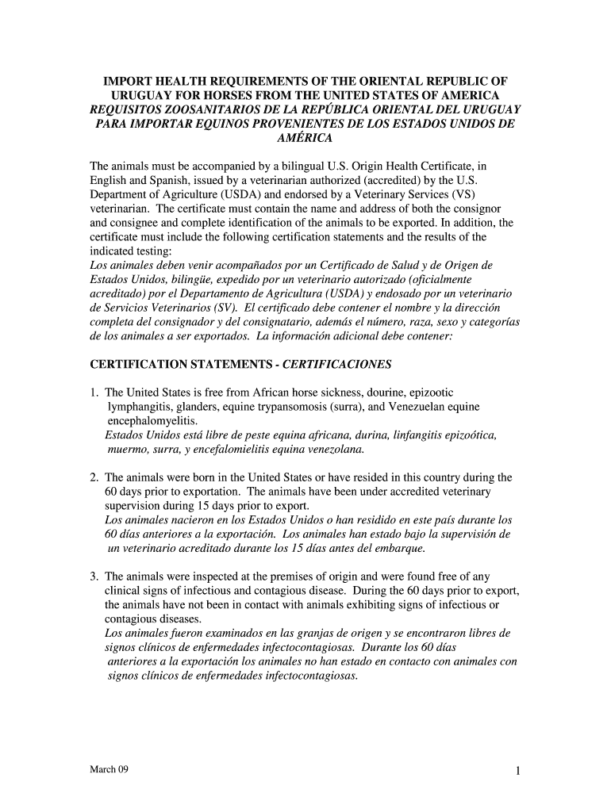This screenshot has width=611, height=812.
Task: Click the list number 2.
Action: tap(93, 477)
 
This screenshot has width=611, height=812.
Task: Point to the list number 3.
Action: tap(93, 576)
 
